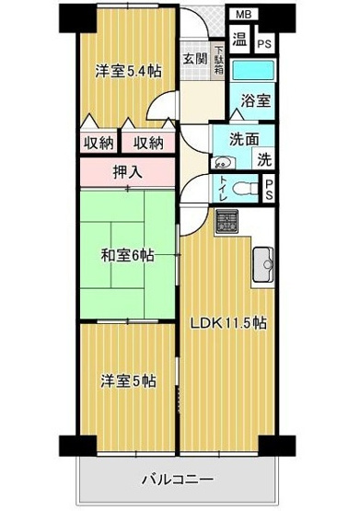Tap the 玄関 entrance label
pos(194,58)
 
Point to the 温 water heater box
pos(238,40)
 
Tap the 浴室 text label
pos(255,100)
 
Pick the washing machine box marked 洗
pos(263,158)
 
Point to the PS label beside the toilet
pos(269,191)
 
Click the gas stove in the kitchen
pos(226,220)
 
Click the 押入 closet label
pos(127,171)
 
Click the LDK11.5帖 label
pos(228,323)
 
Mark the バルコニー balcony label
pos(177,480)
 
